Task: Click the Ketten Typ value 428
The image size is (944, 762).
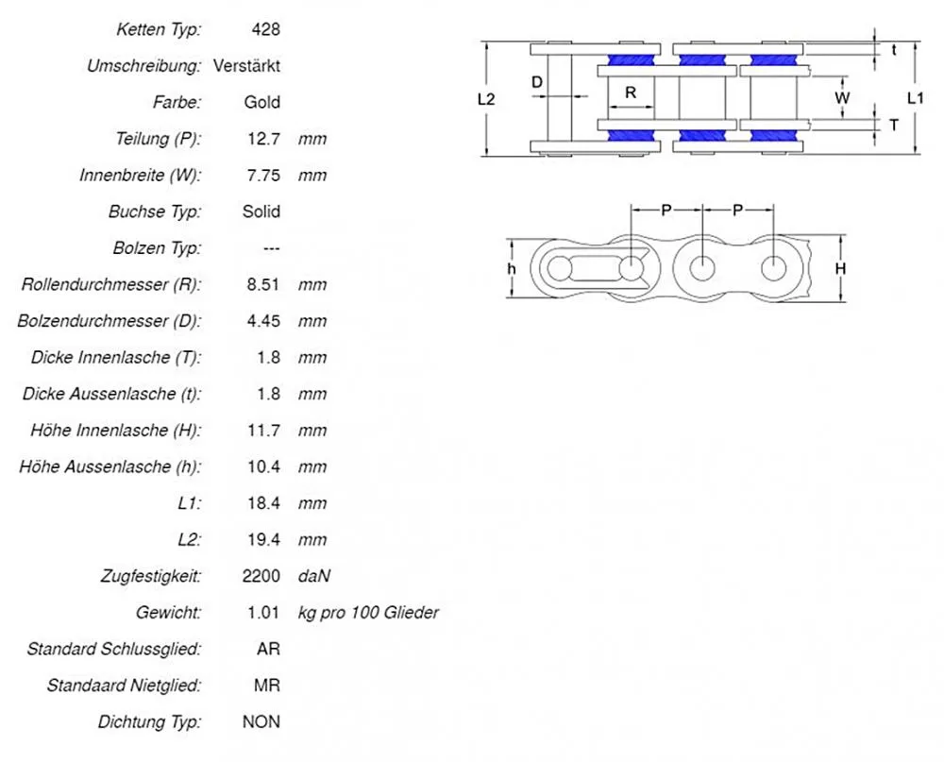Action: (265, 30)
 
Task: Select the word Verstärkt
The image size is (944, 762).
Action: (246, 66)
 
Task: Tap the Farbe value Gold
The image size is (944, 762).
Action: (261, 102)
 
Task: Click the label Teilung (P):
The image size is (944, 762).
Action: (159, 139)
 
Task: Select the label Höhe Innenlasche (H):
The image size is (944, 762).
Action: (116, 431)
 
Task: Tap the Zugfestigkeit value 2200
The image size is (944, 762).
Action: (261, 576)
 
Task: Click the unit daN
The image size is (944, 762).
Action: (314, 576)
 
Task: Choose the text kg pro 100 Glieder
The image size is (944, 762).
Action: (368, 613)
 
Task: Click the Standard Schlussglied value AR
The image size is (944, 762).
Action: (268, 650)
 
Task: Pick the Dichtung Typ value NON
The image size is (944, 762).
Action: (261, 722)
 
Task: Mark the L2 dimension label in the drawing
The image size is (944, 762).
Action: (487, 98)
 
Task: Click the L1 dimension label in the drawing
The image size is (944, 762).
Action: (916, 98)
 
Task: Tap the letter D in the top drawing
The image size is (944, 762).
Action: (537, 82)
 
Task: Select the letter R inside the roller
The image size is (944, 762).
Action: (631, 93)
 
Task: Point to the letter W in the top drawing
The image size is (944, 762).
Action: (843, 98)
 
